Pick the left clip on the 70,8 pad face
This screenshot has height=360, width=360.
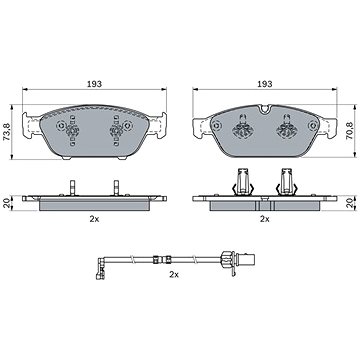tap(241, 127)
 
